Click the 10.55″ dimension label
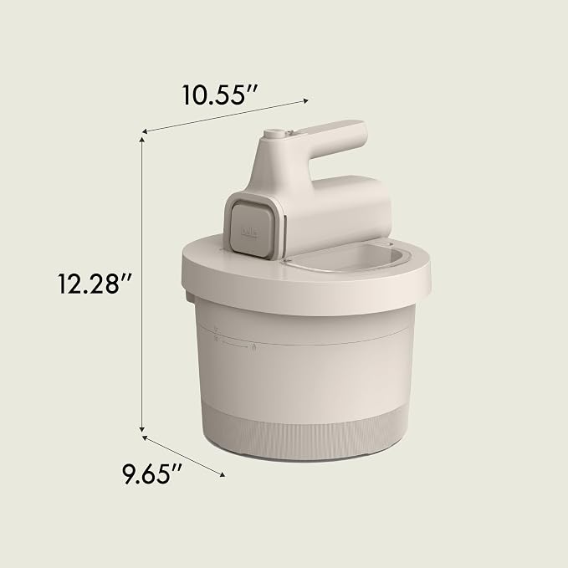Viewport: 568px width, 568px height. pos(219,95)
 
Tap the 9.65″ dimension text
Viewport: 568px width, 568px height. pos(151,473)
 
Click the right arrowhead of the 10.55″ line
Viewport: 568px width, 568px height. pos(306,100)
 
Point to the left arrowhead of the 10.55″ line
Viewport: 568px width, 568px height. pos(144,131)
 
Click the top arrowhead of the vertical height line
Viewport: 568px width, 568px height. pos(142,140)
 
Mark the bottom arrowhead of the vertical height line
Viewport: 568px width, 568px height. pos(142,429)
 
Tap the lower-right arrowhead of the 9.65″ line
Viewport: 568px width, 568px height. pos(223,474)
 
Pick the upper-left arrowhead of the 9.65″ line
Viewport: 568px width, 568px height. pos(144,438)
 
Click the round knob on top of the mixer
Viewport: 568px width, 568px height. pos(274,134)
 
